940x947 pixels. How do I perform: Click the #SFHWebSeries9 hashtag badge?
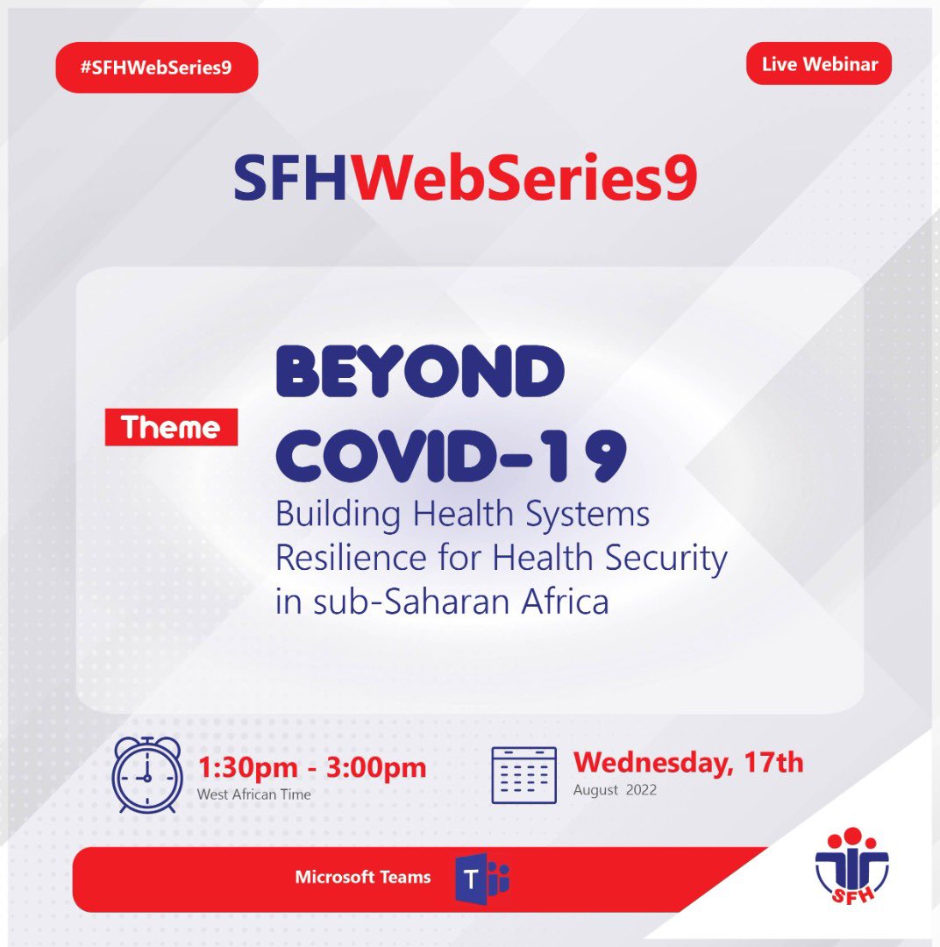[157, 68]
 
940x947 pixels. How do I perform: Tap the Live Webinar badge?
[818, 63]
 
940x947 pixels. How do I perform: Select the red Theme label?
[171, 428]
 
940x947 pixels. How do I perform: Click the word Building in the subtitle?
[331, 515]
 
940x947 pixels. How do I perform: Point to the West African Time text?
[254, 794]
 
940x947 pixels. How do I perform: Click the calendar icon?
[523, 775]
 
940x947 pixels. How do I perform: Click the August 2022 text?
[615, 790]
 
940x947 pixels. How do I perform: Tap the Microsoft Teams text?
[363, 877]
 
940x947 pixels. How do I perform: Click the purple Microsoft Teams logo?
[481, 878]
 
